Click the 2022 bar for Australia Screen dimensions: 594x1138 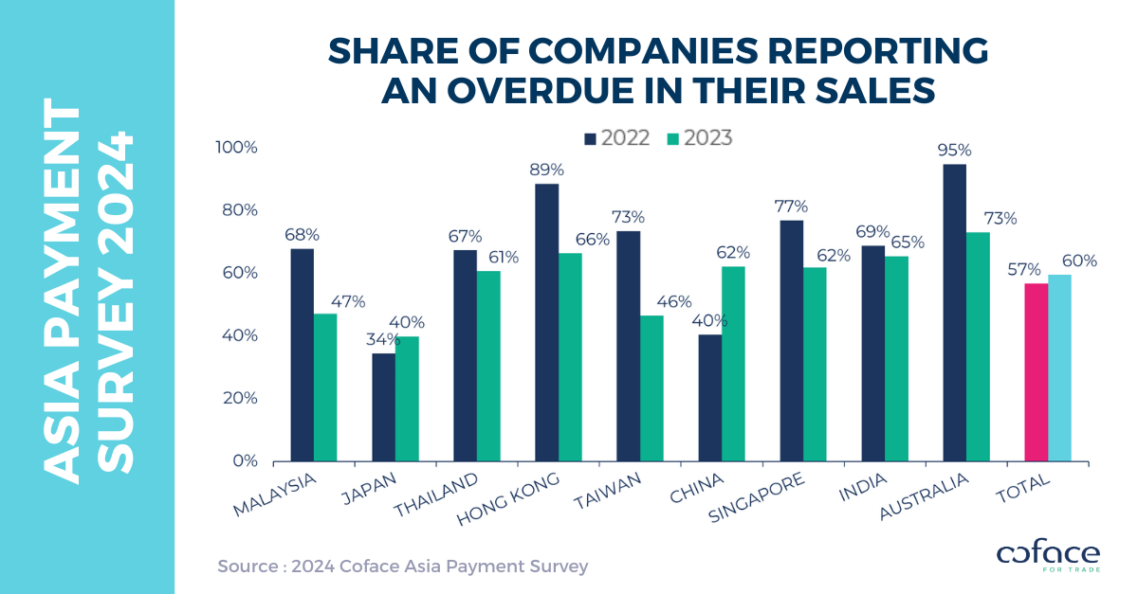954,313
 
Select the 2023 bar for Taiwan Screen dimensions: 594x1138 652,388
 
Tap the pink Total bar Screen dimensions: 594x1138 1037,372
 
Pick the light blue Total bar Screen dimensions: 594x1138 1060,368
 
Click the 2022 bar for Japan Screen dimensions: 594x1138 383,407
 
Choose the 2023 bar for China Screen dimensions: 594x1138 733,364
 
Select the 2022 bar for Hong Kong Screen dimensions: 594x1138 547,322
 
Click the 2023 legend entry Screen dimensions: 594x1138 700,138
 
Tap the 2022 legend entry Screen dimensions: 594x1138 617,138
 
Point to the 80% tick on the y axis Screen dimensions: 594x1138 238,210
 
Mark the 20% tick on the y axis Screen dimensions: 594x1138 238,398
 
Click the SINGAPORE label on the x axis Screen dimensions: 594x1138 756,497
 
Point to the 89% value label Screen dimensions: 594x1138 547,169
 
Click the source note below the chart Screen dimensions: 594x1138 403,567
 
